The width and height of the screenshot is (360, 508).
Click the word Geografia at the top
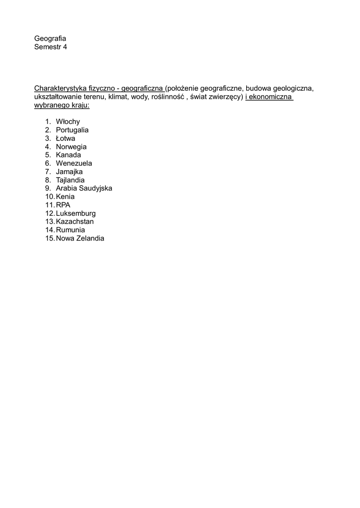pyautogui.click(x=50, y=39)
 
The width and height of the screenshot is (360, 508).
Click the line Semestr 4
pyautogui.click(x=50, y=47)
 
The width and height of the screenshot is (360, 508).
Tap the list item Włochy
pyautogui.click(x=68, y=122)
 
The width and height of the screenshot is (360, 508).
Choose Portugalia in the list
pyautogui.click(x=72, y=130)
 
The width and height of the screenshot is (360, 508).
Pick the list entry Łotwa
pyautogui.click(x=66, y=138)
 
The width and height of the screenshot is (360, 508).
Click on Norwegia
pyautogui.click(x=72, y=147)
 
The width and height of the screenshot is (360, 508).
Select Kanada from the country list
pyautogui.click(x=69, y=155)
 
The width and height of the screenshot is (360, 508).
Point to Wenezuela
pyautogui.click(x=74, y=163)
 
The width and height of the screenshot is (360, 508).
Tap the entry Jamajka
pyautogui.click(x=70, y=172)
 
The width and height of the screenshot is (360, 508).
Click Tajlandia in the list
pyautogui.click(x=71, y=180)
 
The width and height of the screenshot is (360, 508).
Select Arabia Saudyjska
pyautogui.click(x=84, y=189)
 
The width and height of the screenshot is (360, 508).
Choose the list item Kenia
pyautogui.click(x=66, y=196)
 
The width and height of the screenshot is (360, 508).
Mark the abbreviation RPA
pyautogui.click(x=64, y=205)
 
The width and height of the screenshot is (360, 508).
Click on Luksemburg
pyautogui.click(x=76, y=213)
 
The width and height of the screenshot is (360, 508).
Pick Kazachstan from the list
pyautogui.click(x=75, y=222)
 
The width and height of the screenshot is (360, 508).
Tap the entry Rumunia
pyautogui.click(x=71, y=230)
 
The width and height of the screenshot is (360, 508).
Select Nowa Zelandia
pyautogui.click(x=80, y=239)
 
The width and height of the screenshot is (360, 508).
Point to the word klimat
pyautogui.click(x=118, y=97)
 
